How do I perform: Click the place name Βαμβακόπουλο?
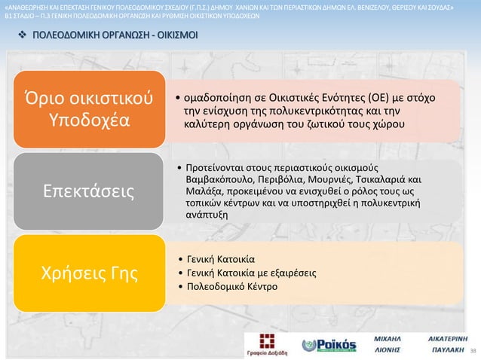[217, 180]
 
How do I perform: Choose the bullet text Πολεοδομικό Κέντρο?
[231, 287]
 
